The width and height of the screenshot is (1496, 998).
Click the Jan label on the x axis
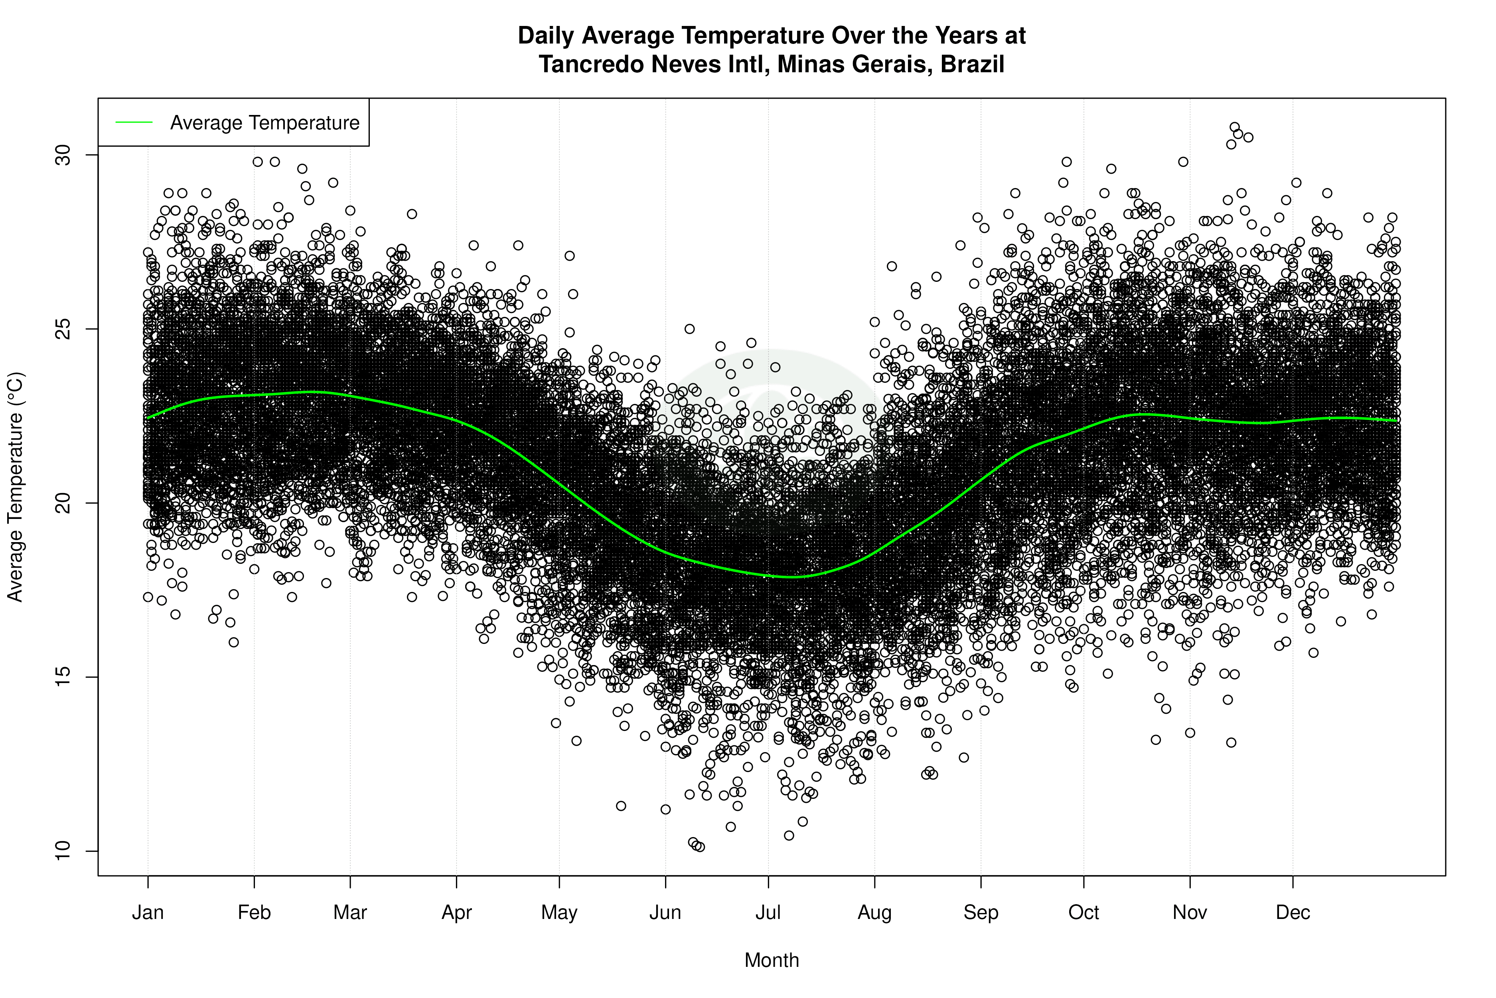[x=148, y=913]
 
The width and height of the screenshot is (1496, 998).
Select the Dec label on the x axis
[x=1293, y=913]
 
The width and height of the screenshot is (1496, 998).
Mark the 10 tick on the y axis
[x=63, y=851]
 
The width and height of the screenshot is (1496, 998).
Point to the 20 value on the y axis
[x=63, y=503]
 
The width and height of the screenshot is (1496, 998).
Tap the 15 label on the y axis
[x=63, y=677]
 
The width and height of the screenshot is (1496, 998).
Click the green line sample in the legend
[x=134, y=122]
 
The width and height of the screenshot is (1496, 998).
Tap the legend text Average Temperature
[x=264, y=122]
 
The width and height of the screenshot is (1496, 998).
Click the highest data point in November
[x=1234, y=127]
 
